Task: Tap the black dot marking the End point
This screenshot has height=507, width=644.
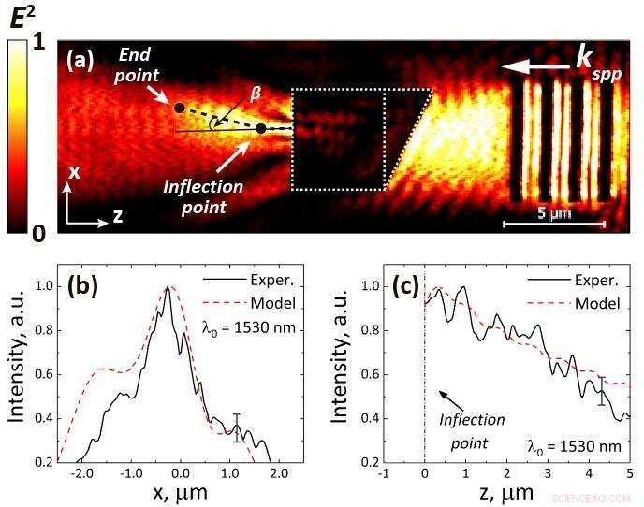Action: (179, 109)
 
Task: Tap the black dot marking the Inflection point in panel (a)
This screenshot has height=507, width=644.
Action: (261, 129)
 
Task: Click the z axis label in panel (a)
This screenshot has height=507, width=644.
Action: (119, 215)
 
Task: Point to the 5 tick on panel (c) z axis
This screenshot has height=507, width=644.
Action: (631, 473)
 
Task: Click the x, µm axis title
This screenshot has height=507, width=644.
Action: (179, 494)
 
